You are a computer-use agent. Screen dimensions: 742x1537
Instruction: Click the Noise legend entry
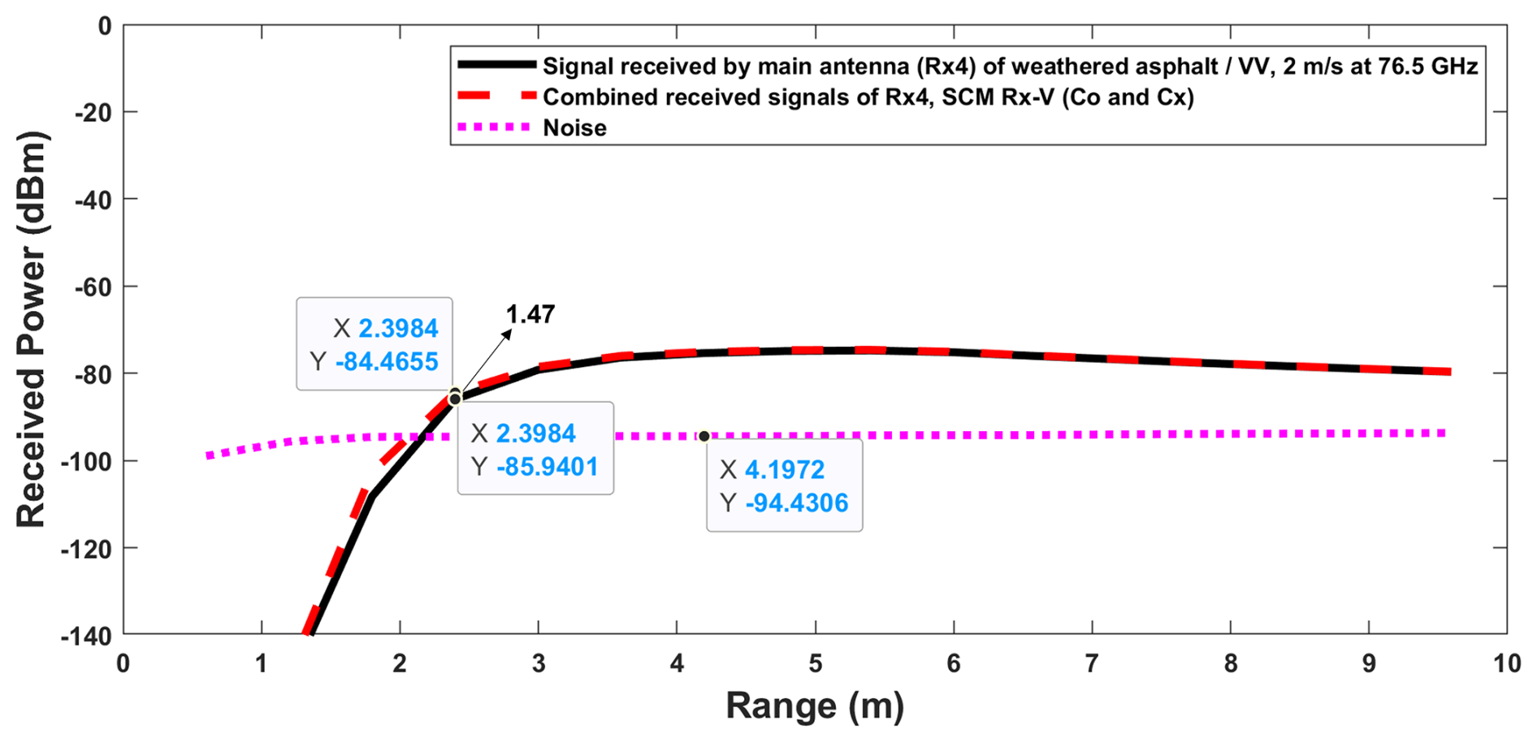[574, 127]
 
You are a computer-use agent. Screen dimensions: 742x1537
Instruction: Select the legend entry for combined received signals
[868, 97]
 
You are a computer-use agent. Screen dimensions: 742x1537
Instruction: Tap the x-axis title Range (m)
[814, 705]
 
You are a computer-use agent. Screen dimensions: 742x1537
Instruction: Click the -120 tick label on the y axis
[86, 549]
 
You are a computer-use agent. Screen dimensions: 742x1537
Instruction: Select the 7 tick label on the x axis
[1092, 664]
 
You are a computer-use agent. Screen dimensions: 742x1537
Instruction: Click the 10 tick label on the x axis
[1506, 664]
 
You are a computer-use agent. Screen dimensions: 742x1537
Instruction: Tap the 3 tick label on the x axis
[539, 664]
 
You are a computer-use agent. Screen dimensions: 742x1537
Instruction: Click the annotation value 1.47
[530, 314]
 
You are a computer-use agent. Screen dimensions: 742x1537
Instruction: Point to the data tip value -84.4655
[387, 361]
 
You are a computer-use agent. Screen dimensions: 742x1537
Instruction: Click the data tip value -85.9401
[547, 467]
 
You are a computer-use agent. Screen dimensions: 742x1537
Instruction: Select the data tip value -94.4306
[796, 503]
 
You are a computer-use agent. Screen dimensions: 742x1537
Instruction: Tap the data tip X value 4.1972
[784, 469]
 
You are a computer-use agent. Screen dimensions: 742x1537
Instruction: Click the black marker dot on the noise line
[704, 437]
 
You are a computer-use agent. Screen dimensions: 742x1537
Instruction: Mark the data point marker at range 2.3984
[455, 398]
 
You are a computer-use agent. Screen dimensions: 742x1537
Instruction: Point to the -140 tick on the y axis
[86, 636]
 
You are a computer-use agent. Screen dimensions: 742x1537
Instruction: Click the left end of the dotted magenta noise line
[210, 455]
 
